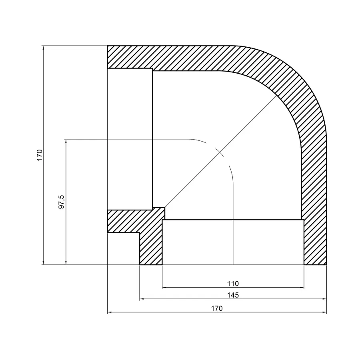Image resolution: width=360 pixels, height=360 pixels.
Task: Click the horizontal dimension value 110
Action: [233, 284]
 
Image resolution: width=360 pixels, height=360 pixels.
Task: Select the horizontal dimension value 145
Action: [233, 295]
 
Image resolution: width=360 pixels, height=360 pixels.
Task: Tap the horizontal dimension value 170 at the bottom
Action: [217, 308]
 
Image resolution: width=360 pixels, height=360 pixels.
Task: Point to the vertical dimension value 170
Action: [39, 155]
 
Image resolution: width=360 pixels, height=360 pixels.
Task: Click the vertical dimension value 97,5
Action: [62, 202]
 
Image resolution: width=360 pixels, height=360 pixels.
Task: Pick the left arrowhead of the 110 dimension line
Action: [164, 287]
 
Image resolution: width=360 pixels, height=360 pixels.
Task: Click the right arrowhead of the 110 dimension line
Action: [302, 287]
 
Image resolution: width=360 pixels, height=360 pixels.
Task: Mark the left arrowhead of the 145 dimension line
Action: [142, 299]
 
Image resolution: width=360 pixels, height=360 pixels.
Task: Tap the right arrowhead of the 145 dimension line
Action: [324, 299]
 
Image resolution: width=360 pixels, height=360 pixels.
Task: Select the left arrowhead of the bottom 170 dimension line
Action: [110, 312]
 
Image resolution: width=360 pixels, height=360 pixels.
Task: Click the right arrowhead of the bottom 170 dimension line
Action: [324, 312]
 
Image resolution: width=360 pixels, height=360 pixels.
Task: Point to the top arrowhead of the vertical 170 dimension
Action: [43, 48]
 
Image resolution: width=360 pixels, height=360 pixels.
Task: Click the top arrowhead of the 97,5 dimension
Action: [66, 141]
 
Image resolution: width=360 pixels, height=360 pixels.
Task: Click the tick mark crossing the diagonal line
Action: [218, 152]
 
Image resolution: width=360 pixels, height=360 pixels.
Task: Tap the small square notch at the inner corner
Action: [159, 213]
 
